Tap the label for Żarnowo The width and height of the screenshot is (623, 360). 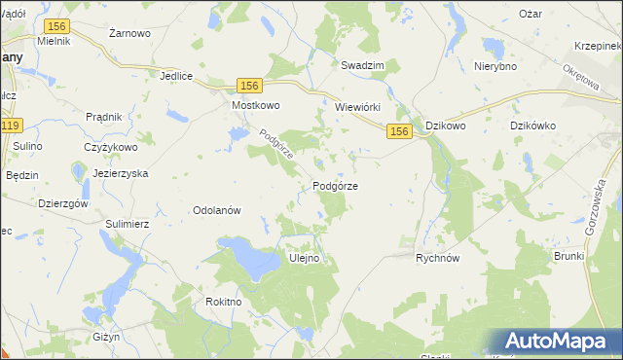[x=129, y=33]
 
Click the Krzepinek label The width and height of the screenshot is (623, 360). [x=597, y=46]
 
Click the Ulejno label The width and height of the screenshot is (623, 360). [x=305, y=259]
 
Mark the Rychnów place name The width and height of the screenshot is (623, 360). [x=437, y=259]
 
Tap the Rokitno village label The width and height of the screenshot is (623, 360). [x=223, y=302]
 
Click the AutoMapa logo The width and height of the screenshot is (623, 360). [x=559, y=342]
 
